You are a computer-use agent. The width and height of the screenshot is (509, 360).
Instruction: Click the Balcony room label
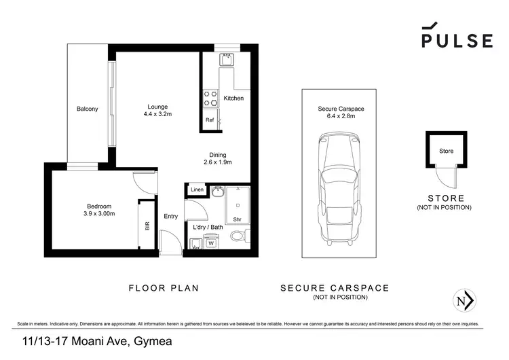[87, 109]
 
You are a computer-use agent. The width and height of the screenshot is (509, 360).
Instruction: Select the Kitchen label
[233, 98]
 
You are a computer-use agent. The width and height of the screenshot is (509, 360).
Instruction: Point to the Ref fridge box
[210, 120]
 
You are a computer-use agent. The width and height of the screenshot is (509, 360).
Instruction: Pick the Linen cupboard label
[197, 190]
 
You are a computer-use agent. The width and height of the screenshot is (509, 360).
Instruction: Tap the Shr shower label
[237, 219]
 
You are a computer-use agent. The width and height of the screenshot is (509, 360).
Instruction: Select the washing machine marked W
[210, 242]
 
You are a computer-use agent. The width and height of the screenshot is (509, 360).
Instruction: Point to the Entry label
[170, 217]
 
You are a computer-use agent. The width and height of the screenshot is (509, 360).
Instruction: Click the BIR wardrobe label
[147, 226]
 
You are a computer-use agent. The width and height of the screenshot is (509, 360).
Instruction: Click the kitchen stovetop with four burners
[210, 98]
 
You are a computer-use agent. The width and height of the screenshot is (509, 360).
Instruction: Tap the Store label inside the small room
[446, 151]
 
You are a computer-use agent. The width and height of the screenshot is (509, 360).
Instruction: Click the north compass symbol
[464, 300]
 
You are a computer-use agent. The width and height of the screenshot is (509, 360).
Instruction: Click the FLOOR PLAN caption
[164, 288]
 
